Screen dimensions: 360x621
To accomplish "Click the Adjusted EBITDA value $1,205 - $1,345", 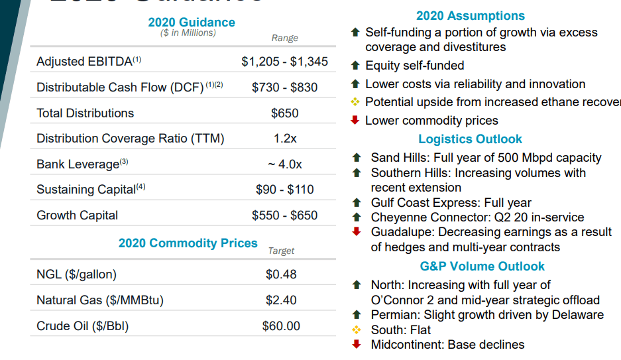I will [x=284, y=62].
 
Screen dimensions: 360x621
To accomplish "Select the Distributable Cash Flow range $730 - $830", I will [x=284, y=88].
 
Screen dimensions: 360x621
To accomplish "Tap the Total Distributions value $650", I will [x=285, y=113].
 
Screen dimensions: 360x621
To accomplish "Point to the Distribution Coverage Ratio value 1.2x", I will [x=285, y=139].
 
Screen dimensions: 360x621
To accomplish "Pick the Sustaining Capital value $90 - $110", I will [x=284, y=190].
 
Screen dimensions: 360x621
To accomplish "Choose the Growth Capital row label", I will [x=78, y=215].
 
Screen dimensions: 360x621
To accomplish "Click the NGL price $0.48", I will [x=281, y=274].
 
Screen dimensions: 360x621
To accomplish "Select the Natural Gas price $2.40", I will [x=281, y=300].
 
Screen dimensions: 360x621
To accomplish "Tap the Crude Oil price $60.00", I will [x=281, y=326].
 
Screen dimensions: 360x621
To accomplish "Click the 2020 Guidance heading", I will [x=192, y=23].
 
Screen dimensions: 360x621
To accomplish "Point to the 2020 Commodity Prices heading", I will [x=188, y=243].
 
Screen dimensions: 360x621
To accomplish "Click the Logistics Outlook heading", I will [x=470, y=139].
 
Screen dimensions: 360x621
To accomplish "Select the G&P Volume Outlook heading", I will [x=482, y=267].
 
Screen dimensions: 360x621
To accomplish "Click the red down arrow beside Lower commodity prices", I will [x=355, y=120].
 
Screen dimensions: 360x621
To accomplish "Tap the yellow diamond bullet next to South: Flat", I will [x=357, y=330].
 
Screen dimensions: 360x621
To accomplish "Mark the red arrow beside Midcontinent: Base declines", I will [x=357, y=344].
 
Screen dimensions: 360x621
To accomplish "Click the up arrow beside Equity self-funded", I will [x=355, y=66].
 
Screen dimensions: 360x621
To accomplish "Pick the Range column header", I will [x=285, y=38].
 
